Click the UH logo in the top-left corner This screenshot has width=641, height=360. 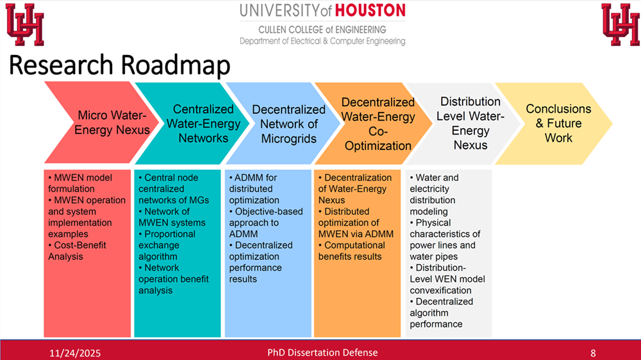(x=24, y=24)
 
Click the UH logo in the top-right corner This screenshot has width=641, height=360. (x=620, y=24)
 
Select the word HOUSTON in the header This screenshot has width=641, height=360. (x=370, y=11)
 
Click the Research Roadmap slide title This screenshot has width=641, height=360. (x=119, y=65)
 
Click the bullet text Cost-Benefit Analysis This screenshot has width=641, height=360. (x=77, y=251)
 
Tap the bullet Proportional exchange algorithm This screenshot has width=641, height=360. (x=167, y=245)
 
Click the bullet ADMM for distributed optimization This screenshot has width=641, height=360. (x=254, y=189)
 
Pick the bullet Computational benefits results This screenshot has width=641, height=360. (x=351, y=251)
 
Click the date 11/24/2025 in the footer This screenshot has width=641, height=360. (x=75, y=353)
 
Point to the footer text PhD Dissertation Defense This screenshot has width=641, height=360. (x=322, y=353)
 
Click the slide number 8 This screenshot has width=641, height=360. (x=593, y=353)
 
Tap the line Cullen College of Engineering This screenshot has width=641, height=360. (x=322, y=30)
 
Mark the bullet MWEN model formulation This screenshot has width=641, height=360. (x=80, y=183)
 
